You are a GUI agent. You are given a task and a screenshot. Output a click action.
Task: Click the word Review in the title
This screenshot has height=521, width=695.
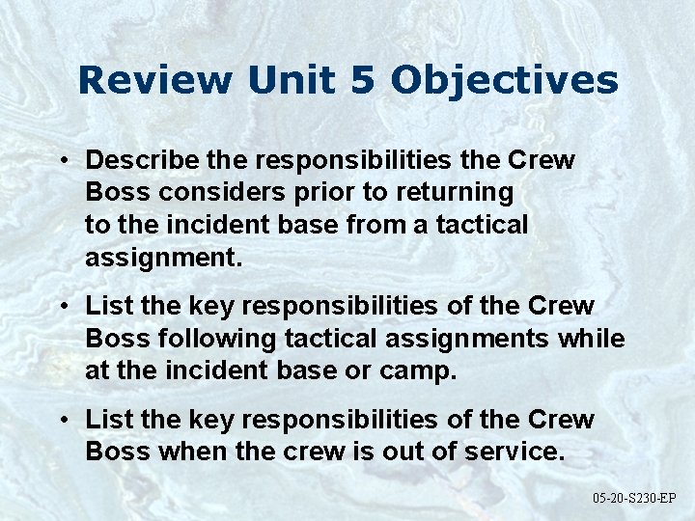click(155, 80)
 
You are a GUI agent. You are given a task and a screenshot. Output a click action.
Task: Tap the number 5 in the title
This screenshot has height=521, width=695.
click(362, 80)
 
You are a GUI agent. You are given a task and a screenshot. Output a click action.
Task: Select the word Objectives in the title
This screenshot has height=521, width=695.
click(504, 80)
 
